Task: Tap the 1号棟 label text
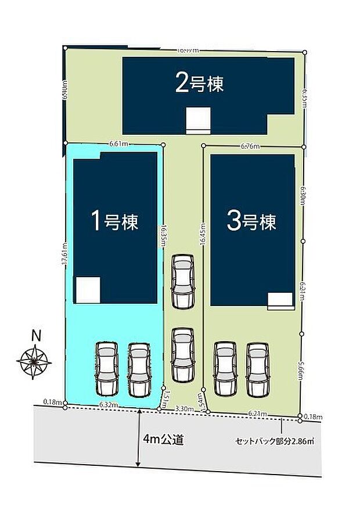pyautogui.click(x=114, y=221)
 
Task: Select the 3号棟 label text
pyautogui.click(x=251, y=221)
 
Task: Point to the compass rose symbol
pyautogui.click(x=34, y=361)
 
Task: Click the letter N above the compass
pyautogui.click(x=36, y=335)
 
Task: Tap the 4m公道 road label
pyautogui.click(x=165, y=440)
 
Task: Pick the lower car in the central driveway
pyautogui.click(x=182, y=354)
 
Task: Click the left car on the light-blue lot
pyautogui.click(x=107, y=368)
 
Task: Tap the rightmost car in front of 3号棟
pyautogui.click(x=257, y=368)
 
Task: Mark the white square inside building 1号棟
pyautogui.click(x=88, y=290)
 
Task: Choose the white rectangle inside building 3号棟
pyautogui.click(x=280, y=299)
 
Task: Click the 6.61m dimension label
pyautogui.click(x=118, y=142)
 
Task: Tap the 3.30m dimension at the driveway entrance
pyautogui.click(x=184, y=409)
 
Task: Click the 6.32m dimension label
pyautogui.click(x=109, y=404)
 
